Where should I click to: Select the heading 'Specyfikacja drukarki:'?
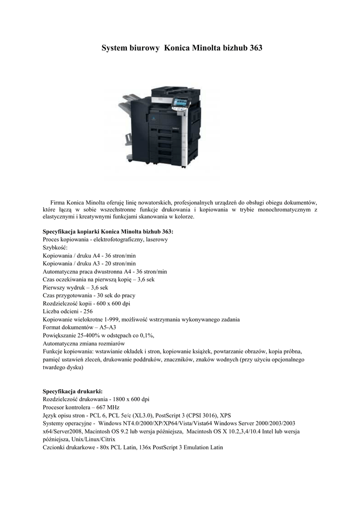[x=73, y=392]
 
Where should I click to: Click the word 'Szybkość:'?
[x=55, y=248]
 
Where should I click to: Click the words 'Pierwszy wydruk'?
[x=62, y=287]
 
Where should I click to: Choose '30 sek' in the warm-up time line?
[x=101, y=295]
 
